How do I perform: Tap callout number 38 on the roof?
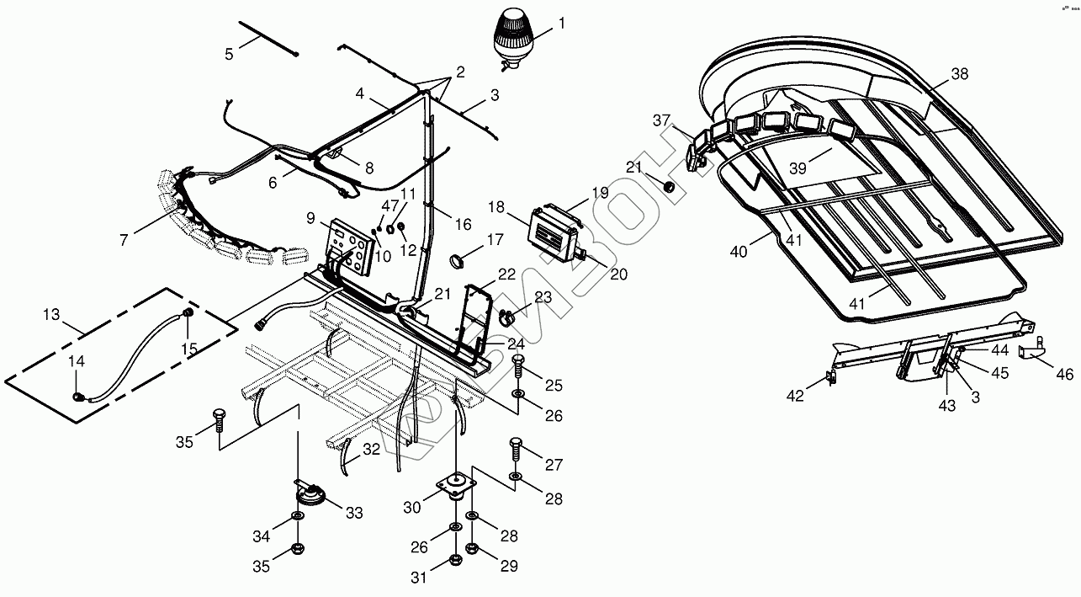960,74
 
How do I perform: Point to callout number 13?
51,315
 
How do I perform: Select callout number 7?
124,240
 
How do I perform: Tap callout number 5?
229,55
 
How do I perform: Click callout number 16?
464,225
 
